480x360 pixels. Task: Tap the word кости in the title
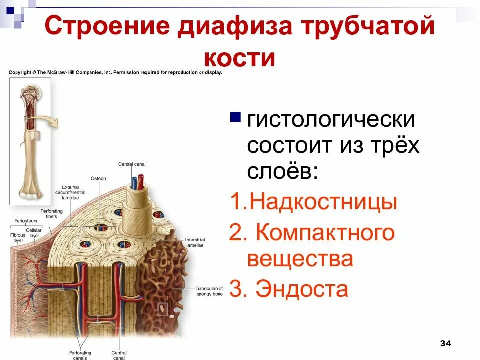240,57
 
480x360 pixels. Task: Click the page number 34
445,343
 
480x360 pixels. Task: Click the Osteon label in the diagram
98,178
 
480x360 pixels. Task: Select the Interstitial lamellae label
195,242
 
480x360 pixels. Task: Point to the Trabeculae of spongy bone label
209,291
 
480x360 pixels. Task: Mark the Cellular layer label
34,233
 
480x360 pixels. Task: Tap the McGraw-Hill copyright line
115,72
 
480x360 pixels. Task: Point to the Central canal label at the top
132,164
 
